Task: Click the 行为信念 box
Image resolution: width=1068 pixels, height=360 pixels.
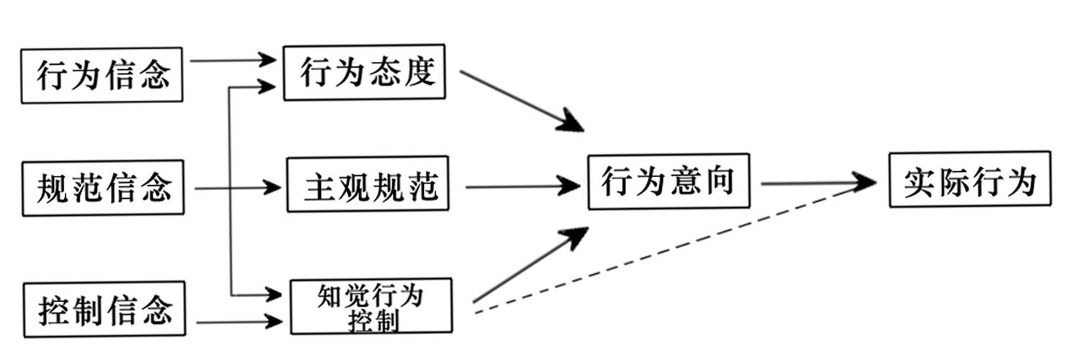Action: [101, 75]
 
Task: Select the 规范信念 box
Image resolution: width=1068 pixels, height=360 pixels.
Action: [103, 189]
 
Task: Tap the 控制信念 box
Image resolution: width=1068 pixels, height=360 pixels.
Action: [104, 310]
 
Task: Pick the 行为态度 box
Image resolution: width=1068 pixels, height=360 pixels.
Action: [364, 72]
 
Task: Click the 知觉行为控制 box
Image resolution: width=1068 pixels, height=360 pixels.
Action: [371, 306]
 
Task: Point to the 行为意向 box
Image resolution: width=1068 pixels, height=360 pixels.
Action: [669, 181]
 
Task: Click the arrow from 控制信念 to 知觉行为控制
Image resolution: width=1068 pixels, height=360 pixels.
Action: [237, 322]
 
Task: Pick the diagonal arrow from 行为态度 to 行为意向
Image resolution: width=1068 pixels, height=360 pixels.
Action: [518, 99]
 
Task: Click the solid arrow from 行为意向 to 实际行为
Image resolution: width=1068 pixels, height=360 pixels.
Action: [817, 183]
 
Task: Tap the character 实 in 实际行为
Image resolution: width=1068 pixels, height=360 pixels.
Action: [921, 181]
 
